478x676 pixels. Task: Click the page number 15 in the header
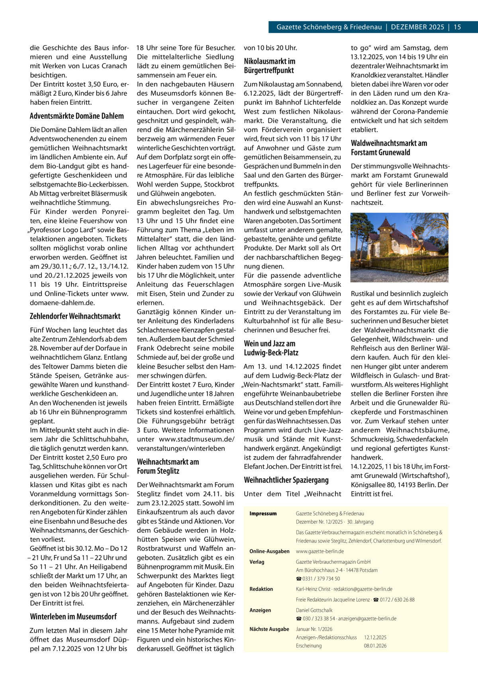(457, 27)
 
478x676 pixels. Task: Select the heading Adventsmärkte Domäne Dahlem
(76, 116)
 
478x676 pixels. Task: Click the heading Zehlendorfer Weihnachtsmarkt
(75, 316)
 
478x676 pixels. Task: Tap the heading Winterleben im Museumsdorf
(73, 617)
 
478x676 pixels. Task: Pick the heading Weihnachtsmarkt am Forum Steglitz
(168, 466)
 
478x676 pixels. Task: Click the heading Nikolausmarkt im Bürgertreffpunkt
(269, 66)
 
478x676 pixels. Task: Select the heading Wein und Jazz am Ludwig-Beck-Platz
(271, 348)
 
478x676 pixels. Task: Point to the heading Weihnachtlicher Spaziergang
(286, 480)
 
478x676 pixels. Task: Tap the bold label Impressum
(263, 513)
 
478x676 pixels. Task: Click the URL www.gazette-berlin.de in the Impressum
(319, 551)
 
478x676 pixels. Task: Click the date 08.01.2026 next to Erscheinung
(375, 646)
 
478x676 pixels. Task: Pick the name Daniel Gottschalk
(314, 610)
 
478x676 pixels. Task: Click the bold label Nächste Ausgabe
(269, 629)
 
